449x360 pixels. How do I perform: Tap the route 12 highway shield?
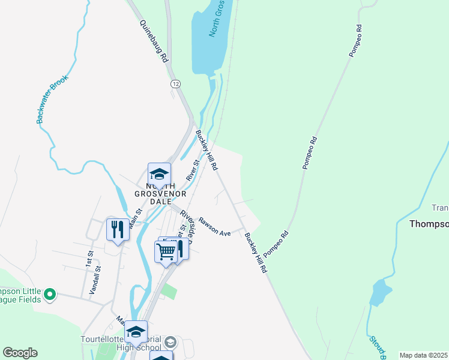(175, 83)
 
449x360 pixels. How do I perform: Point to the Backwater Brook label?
(53, 100)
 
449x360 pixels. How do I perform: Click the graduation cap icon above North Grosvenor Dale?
(159, 174)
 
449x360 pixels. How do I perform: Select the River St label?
(192, 170)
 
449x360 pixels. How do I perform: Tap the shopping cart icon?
(166, 251)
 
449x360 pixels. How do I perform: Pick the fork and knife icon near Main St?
(117, 229)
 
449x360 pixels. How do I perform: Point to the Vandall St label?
(94, 283)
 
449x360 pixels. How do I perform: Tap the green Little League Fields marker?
(50, 295)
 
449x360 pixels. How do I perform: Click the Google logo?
(20, 353)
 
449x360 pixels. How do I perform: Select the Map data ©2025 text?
(423, 355)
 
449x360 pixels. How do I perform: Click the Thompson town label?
(429, 224)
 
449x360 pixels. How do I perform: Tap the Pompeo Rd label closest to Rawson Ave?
(276, 241)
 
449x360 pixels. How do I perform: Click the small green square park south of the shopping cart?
(170, 292)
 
